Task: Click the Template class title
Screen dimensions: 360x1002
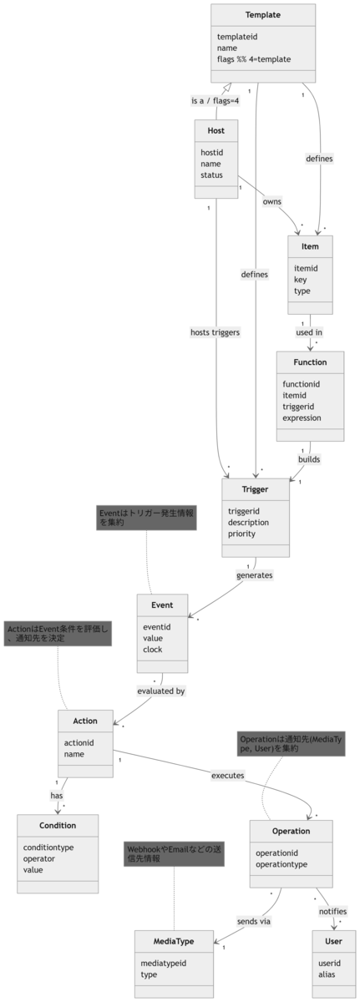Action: click(263, 15)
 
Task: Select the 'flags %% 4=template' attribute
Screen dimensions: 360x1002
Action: click(254, 59)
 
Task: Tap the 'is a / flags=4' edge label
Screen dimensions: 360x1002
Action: click(215, 101)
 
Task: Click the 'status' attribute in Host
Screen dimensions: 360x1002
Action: click(211, 175)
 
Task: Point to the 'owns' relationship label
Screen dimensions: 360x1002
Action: click(272, 202)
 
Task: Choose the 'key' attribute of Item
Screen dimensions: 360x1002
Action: click(300, 280)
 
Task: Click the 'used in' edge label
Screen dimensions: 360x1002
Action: click(309, 332)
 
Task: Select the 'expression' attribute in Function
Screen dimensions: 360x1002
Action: click(302, 417)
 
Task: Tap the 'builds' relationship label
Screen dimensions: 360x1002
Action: click(309, 459)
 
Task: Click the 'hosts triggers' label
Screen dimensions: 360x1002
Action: click(215, 332)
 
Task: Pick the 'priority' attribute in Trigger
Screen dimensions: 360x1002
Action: click(241, 534)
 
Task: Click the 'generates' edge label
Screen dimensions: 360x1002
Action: click(255, 575)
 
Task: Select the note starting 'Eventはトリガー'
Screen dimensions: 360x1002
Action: click(146, 518)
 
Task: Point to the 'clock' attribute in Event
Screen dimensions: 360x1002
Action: click(153, 650)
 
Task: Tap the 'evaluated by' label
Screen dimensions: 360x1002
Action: click(161, 691)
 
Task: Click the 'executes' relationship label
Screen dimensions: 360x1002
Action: click(228, 776)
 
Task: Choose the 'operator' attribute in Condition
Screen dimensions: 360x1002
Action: click(39, 859)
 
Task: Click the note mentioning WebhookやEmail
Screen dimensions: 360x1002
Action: click(174, 854)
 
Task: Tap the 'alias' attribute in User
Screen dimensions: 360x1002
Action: click(327, 974)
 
